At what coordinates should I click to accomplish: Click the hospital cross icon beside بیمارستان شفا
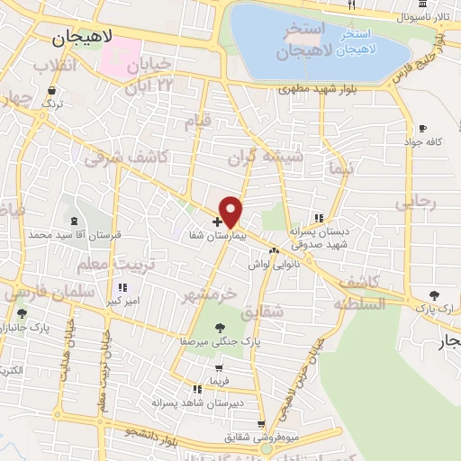point(217,221)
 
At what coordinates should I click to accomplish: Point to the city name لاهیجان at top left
point(83,38)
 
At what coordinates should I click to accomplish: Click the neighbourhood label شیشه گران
point(276,158)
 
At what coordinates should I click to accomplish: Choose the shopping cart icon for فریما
point(219,367)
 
